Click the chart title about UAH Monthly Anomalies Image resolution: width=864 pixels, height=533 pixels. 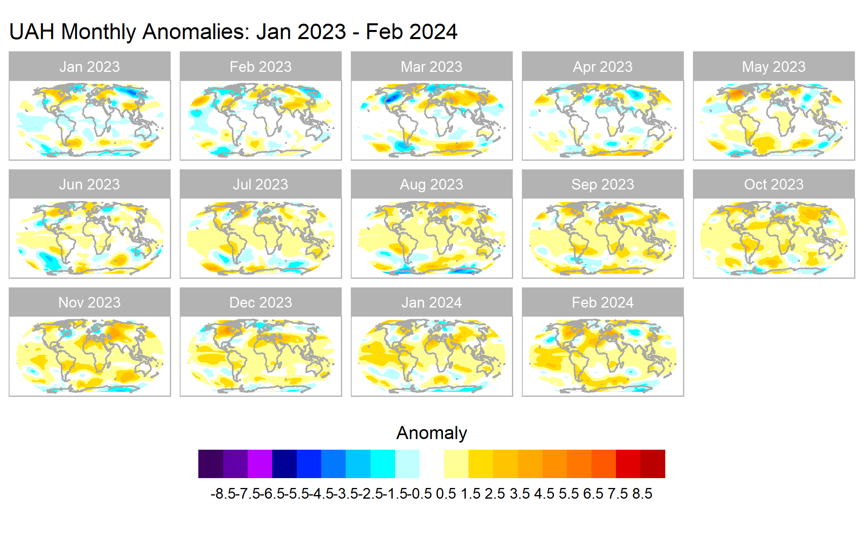(x=233, y=32)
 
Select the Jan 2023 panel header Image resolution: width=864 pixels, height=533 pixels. (x=90, y=66)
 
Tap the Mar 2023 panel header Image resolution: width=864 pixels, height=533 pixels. (x=431, y=66)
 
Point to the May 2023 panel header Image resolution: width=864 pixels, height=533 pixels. (x=774, y=66)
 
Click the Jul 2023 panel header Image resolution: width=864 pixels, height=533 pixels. (x=260, y=184)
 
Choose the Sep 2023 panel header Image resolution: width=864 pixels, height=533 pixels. (x=602, y=184)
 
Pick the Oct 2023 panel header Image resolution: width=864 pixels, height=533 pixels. (x=774, y=184)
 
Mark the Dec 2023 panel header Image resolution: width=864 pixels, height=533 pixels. (x=260, y=302)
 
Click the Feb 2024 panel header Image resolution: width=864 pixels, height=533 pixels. (x=602, y=302)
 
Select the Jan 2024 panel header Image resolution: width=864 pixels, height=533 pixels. (x=431, y=302)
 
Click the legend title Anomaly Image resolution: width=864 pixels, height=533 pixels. (x=431, y=433)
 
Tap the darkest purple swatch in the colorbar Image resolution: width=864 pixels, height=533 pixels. (x=211, y=464)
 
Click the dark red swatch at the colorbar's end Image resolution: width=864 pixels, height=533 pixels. (x=653, y=464)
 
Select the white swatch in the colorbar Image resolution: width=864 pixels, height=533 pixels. (x=431, y=464)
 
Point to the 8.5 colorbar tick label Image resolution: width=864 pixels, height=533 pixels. (x=642, y=494)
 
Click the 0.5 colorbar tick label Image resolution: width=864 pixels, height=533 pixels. (x=446, y=494)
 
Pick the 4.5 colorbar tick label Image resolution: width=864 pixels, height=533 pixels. (x=544, y=494)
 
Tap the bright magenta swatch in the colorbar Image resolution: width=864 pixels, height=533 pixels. (x=260, y=464)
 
